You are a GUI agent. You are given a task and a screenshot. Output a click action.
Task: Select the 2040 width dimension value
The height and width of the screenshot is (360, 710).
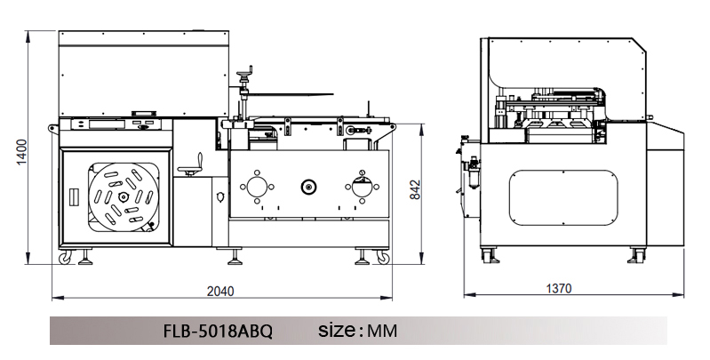click(x=220, y=291)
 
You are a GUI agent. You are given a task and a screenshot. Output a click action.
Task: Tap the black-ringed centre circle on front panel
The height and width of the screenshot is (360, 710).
click(x=309, y=187)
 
